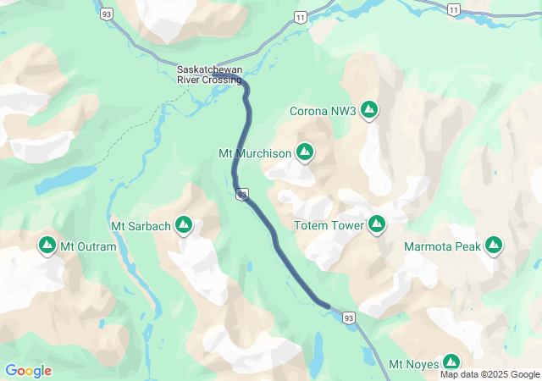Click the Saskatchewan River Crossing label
(x=209, y=75)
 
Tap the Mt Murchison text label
(x=255, y=153)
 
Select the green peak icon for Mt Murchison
(x=305, y=152)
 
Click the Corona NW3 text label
(x=323, y=110)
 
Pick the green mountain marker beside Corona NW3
(x=369, y=109)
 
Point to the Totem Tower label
(x=329, y=225)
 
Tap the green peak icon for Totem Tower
(x=377, y=224)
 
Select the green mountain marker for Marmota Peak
(x=494, y=246)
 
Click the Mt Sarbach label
(x=141, y=226)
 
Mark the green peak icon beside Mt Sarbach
(x=184, y=225)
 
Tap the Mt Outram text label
(x=89, y=246)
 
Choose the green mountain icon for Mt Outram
(x=47, y=246)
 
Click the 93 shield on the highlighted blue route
(x=242, y=196)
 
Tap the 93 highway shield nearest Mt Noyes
(x=349, y=317)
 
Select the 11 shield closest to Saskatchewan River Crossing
(x=300, y=17)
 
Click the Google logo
(x=29, y=371)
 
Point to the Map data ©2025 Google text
(x=489, y=374)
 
